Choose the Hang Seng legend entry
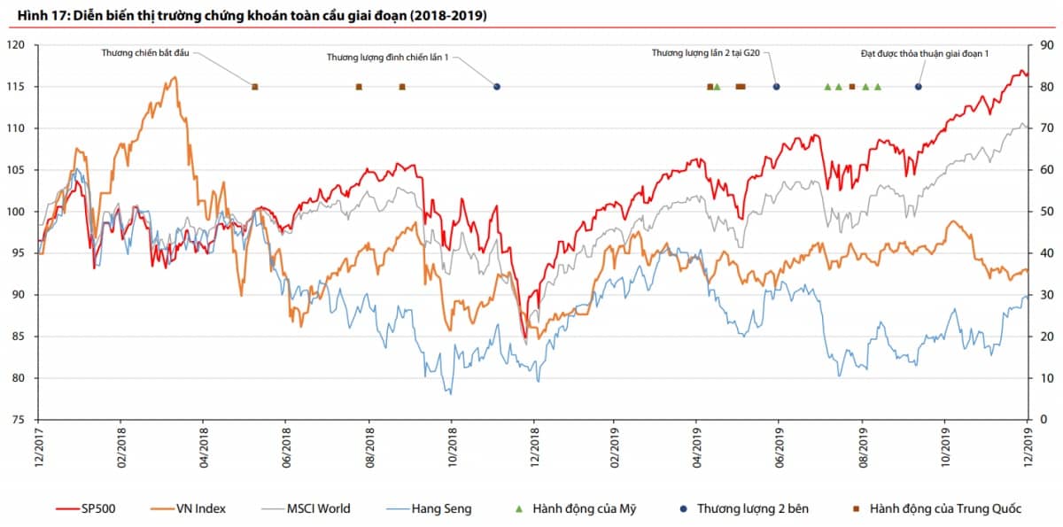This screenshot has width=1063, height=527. [x=429, y=508]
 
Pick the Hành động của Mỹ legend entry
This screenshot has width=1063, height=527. [x=576, y=508]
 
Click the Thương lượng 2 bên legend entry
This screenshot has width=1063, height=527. [x=743, y=508]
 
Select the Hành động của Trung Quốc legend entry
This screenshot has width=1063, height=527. [x=935, y=508]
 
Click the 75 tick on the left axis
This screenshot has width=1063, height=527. [x=19, y=420]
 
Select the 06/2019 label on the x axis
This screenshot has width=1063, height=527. [x=780, y=448]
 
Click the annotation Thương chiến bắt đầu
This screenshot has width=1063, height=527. [x=145, y=53]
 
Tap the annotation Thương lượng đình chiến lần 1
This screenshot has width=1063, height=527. [x=388, y=58]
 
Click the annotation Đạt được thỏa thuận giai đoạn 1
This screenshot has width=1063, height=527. [x=924, y=54]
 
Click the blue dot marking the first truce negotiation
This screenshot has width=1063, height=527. [x=497, y=87]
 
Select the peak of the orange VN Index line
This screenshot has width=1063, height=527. [x=174, y=77]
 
